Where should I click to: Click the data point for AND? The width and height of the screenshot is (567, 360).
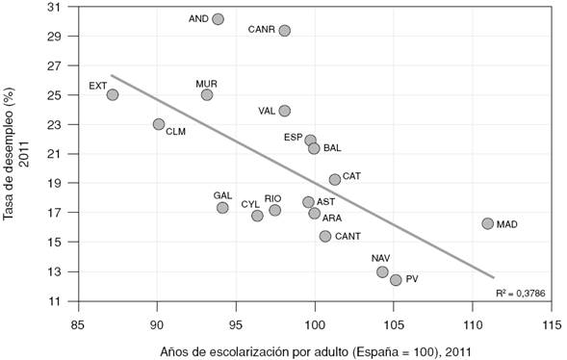(218, 19)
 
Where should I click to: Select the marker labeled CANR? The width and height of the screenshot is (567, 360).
(285, 31)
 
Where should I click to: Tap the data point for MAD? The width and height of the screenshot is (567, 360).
(487, 223)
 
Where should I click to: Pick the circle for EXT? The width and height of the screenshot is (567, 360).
(113, 94)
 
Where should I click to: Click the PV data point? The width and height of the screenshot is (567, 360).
(396, 280)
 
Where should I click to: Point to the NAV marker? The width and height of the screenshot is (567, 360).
(382, 272)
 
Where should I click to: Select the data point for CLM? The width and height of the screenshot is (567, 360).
(159, 124)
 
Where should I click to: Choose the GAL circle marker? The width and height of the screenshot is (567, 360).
(222, 207)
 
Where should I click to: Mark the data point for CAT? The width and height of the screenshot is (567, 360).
(335, 179)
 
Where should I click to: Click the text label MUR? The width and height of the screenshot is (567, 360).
(206, 84)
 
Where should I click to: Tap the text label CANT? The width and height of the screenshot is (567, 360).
(348, 237)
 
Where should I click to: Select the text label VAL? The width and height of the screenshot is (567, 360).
(268, 111)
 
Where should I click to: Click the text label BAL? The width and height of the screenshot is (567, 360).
(332, 149)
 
